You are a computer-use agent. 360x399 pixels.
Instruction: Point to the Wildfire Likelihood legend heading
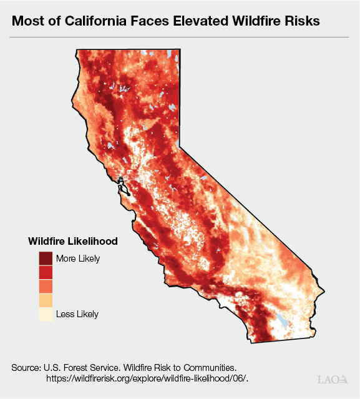[73, 240]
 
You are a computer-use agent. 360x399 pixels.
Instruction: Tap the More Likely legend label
[77, 259]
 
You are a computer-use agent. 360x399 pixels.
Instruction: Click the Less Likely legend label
[77, 314]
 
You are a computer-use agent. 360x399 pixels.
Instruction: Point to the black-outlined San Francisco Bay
[122, 186]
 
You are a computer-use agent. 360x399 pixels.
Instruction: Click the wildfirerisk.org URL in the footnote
[147, 378]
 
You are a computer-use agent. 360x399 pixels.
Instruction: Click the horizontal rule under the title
[180, 37]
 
